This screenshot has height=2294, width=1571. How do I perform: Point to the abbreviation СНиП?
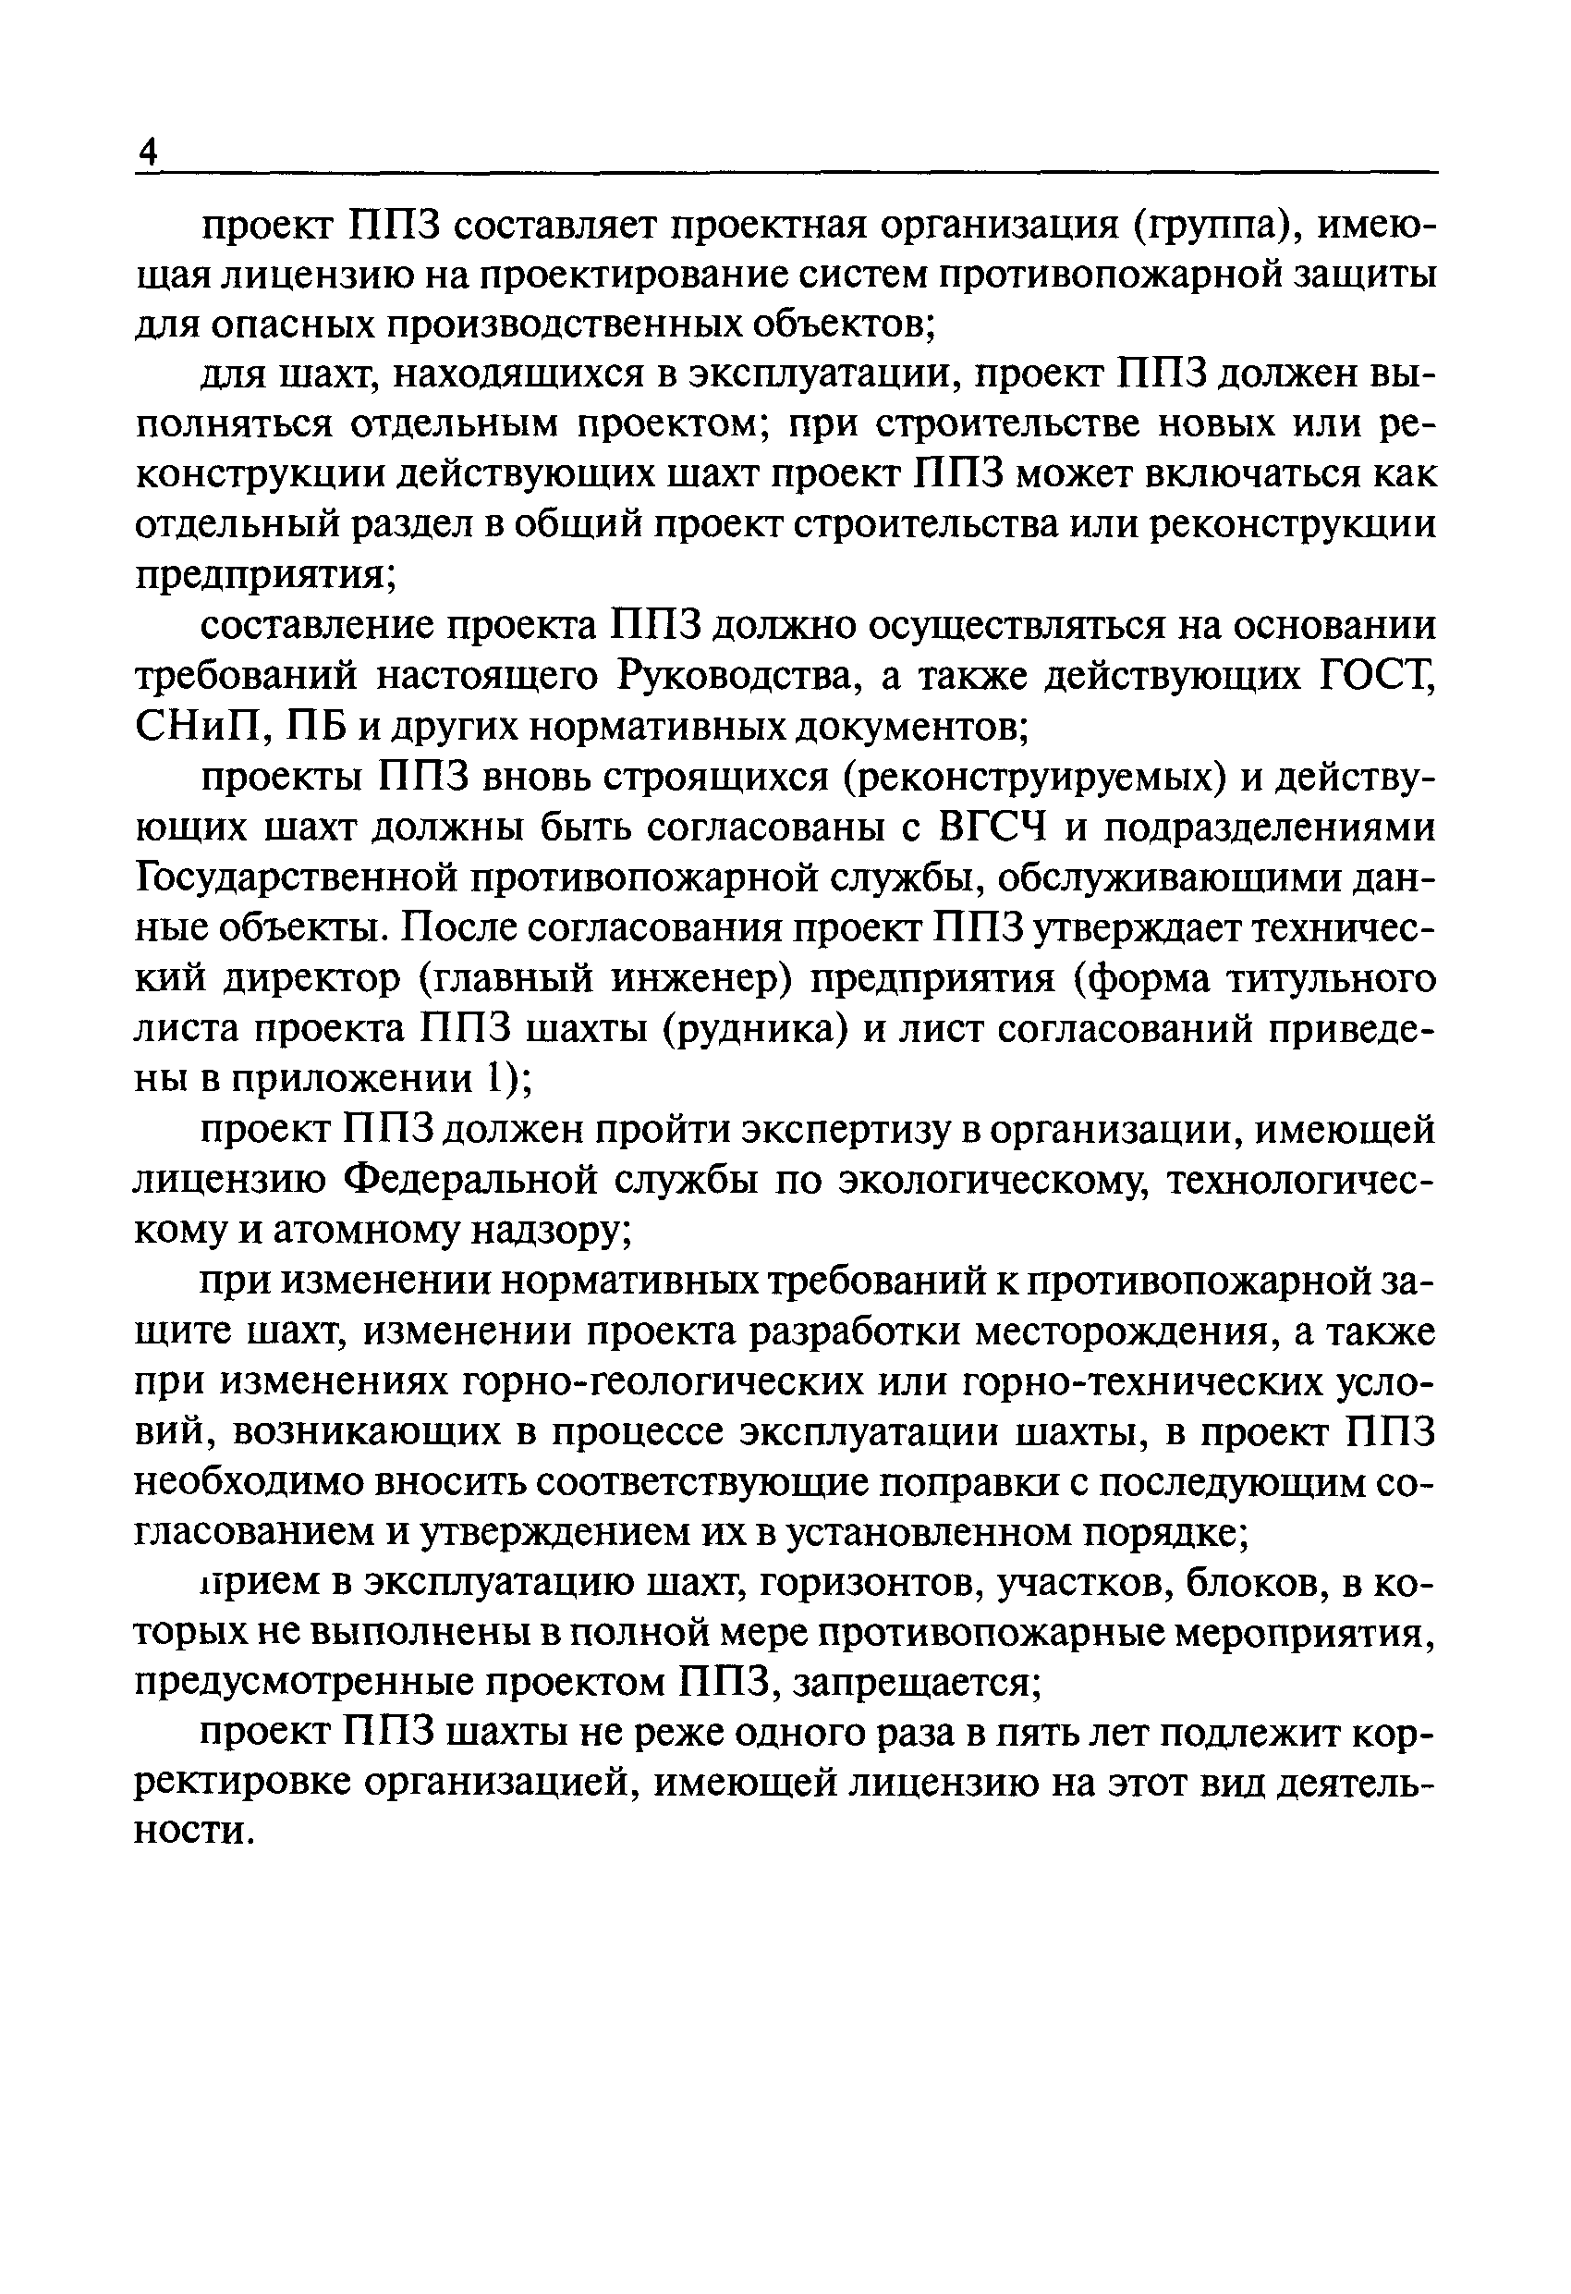coord(201,729)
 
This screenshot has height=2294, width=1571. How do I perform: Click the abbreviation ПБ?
coord(315,729)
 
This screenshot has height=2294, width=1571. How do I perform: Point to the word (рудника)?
coord(755,1028)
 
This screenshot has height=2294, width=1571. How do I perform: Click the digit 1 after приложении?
coord(491,1079)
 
